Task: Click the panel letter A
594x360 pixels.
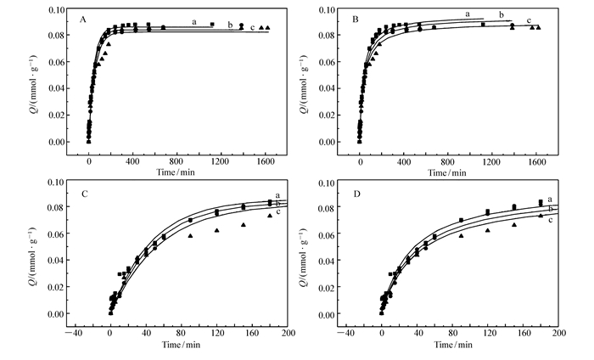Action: (x=81, y=19)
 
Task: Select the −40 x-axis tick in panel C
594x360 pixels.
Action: (x=75, y=334)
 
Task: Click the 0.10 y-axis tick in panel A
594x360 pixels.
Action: (x=55, y=10)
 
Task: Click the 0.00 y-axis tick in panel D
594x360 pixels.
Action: (x=327, y=314)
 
